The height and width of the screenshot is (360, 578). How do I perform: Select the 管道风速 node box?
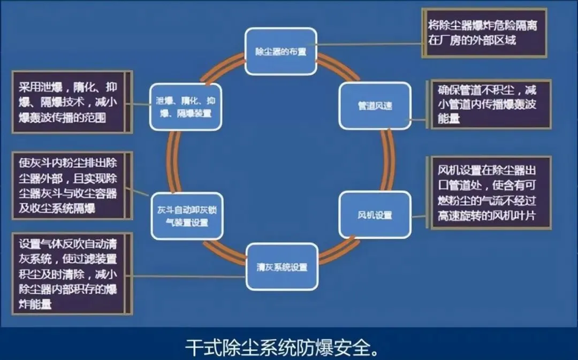(x=375, y=105)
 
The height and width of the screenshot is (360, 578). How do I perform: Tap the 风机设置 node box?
(x=375, y=215)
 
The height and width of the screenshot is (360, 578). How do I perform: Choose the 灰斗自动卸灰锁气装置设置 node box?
(x=186, y=215)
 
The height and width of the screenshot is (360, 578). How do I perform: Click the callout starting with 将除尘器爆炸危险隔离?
(x=484, y=33)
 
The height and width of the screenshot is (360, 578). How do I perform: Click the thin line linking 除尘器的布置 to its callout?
(x=369, y=44)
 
